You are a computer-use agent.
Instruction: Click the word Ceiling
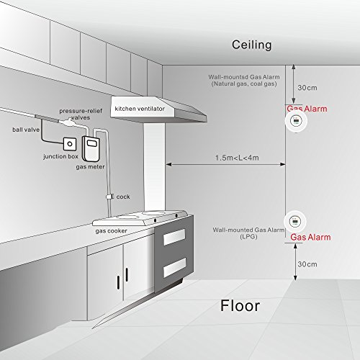click(x=251, y=45)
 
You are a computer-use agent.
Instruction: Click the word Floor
click(x=240, y=306)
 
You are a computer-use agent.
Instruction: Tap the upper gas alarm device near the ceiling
click(x=296, y=121)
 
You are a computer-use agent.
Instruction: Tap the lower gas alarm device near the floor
click(x=295, y=222)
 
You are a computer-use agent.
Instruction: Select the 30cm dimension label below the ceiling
click(x=307, y=88)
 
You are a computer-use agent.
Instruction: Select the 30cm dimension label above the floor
click(x=307, y=264)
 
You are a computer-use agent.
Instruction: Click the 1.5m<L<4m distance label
click(x=237, y=158)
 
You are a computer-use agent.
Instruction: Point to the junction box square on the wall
click(x=70, y=144)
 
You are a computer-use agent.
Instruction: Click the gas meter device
click(x=91, y=149)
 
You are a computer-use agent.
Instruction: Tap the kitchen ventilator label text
click(x=140, y=109)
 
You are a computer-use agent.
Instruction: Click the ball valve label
click(x=26, y=130)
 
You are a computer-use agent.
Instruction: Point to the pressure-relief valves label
click(x=81, y=114)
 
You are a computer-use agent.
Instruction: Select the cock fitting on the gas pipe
click(x=109, y=197)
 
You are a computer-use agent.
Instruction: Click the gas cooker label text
click(x=111, y=231)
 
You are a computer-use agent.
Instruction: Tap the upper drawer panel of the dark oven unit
click(x=174, y=237)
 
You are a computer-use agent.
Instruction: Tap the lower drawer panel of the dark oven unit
click(x=174, y=267)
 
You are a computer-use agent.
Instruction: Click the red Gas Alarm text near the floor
click(x=310, y=237)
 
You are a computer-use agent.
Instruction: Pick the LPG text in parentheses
click(x=248, y=237)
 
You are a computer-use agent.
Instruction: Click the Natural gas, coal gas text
click(x=244, y=84)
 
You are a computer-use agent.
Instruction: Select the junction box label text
click(x=60, y=156)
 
